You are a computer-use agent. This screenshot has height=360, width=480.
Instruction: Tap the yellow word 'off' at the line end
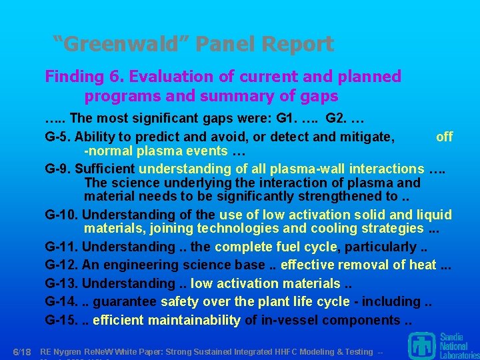(x=444, y=137)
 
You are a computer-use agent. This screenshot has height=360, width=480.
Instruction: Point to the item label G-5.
(x=58, y=137)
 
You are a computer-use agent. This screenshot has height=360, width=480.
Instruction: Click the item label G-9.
(x=58, y=169)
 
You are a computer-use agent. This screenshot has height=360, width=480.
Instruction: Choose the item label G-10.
(x=61, y=215)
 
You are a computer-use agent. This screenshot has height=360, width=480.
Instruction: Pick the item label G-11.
(x=61, y=247)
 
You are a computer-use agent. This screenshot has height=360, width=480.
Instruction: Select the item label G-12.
(x=61, y=265)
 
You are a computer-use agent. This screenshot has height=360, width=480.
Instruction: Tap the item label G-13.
(x=61, y=284)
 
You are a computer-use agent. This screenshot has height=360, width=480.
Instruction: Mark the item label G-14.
(x=61, y=302)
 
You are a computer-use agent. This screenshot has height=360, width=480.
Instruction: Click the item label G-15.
(x=61, y=320)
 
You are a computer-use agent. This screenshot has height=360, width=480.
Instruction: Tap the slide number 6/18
(x=23, y=351)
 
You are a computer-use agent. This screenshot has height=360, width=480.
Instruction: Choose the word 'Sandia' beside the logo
(x=453, y=337)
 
